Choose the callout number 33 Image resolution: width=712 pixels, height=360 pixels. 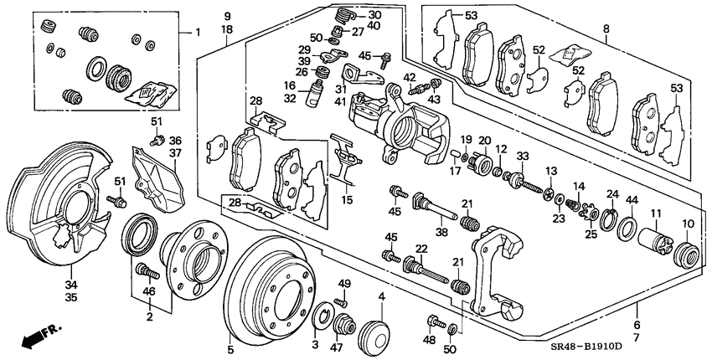click(523, 157)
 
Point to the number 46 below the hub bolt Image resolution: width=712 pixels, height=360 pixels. click(150, 291)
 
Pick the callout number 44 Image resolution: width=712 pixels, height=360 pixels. click(632, 200)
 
